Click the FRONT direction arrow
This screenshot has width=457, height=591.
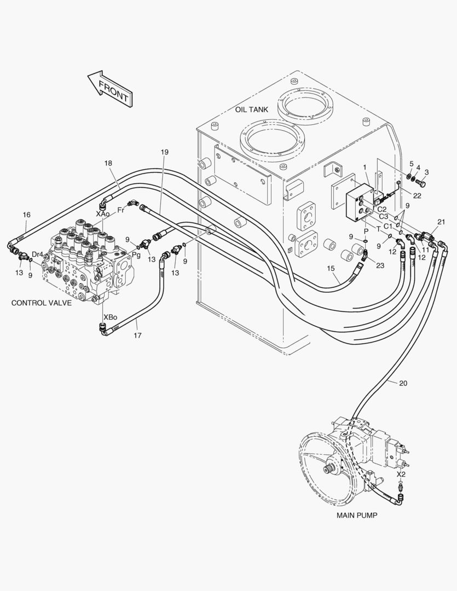pos(109,88)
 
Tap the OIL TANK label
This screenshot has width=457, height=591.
pos(251,109)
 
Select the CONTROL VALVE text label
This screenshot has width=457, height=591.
pos(41,303)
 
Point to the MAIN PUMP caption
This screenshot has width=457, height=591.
pos(356,515)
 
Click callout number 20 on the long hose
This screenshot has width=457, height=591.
pos(403,383)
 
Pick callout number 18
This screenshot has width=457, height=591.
pos(108,163)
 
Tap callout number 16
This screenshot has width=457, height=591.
pos(26,215)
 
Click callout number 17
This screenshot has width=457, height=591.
pos(137,335)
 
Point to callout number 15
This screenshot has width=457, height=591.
pos(330,268)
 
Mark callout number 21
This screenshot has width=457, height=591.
pos(441,222)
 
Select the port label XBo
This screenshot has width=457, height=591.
pos(109,317)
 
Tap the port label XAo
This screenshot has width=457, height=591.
pos(102,214)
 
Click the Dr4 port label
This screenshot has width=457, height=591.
pos(37,254)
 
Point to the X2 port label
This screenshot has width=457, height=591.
pos(401,474)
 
